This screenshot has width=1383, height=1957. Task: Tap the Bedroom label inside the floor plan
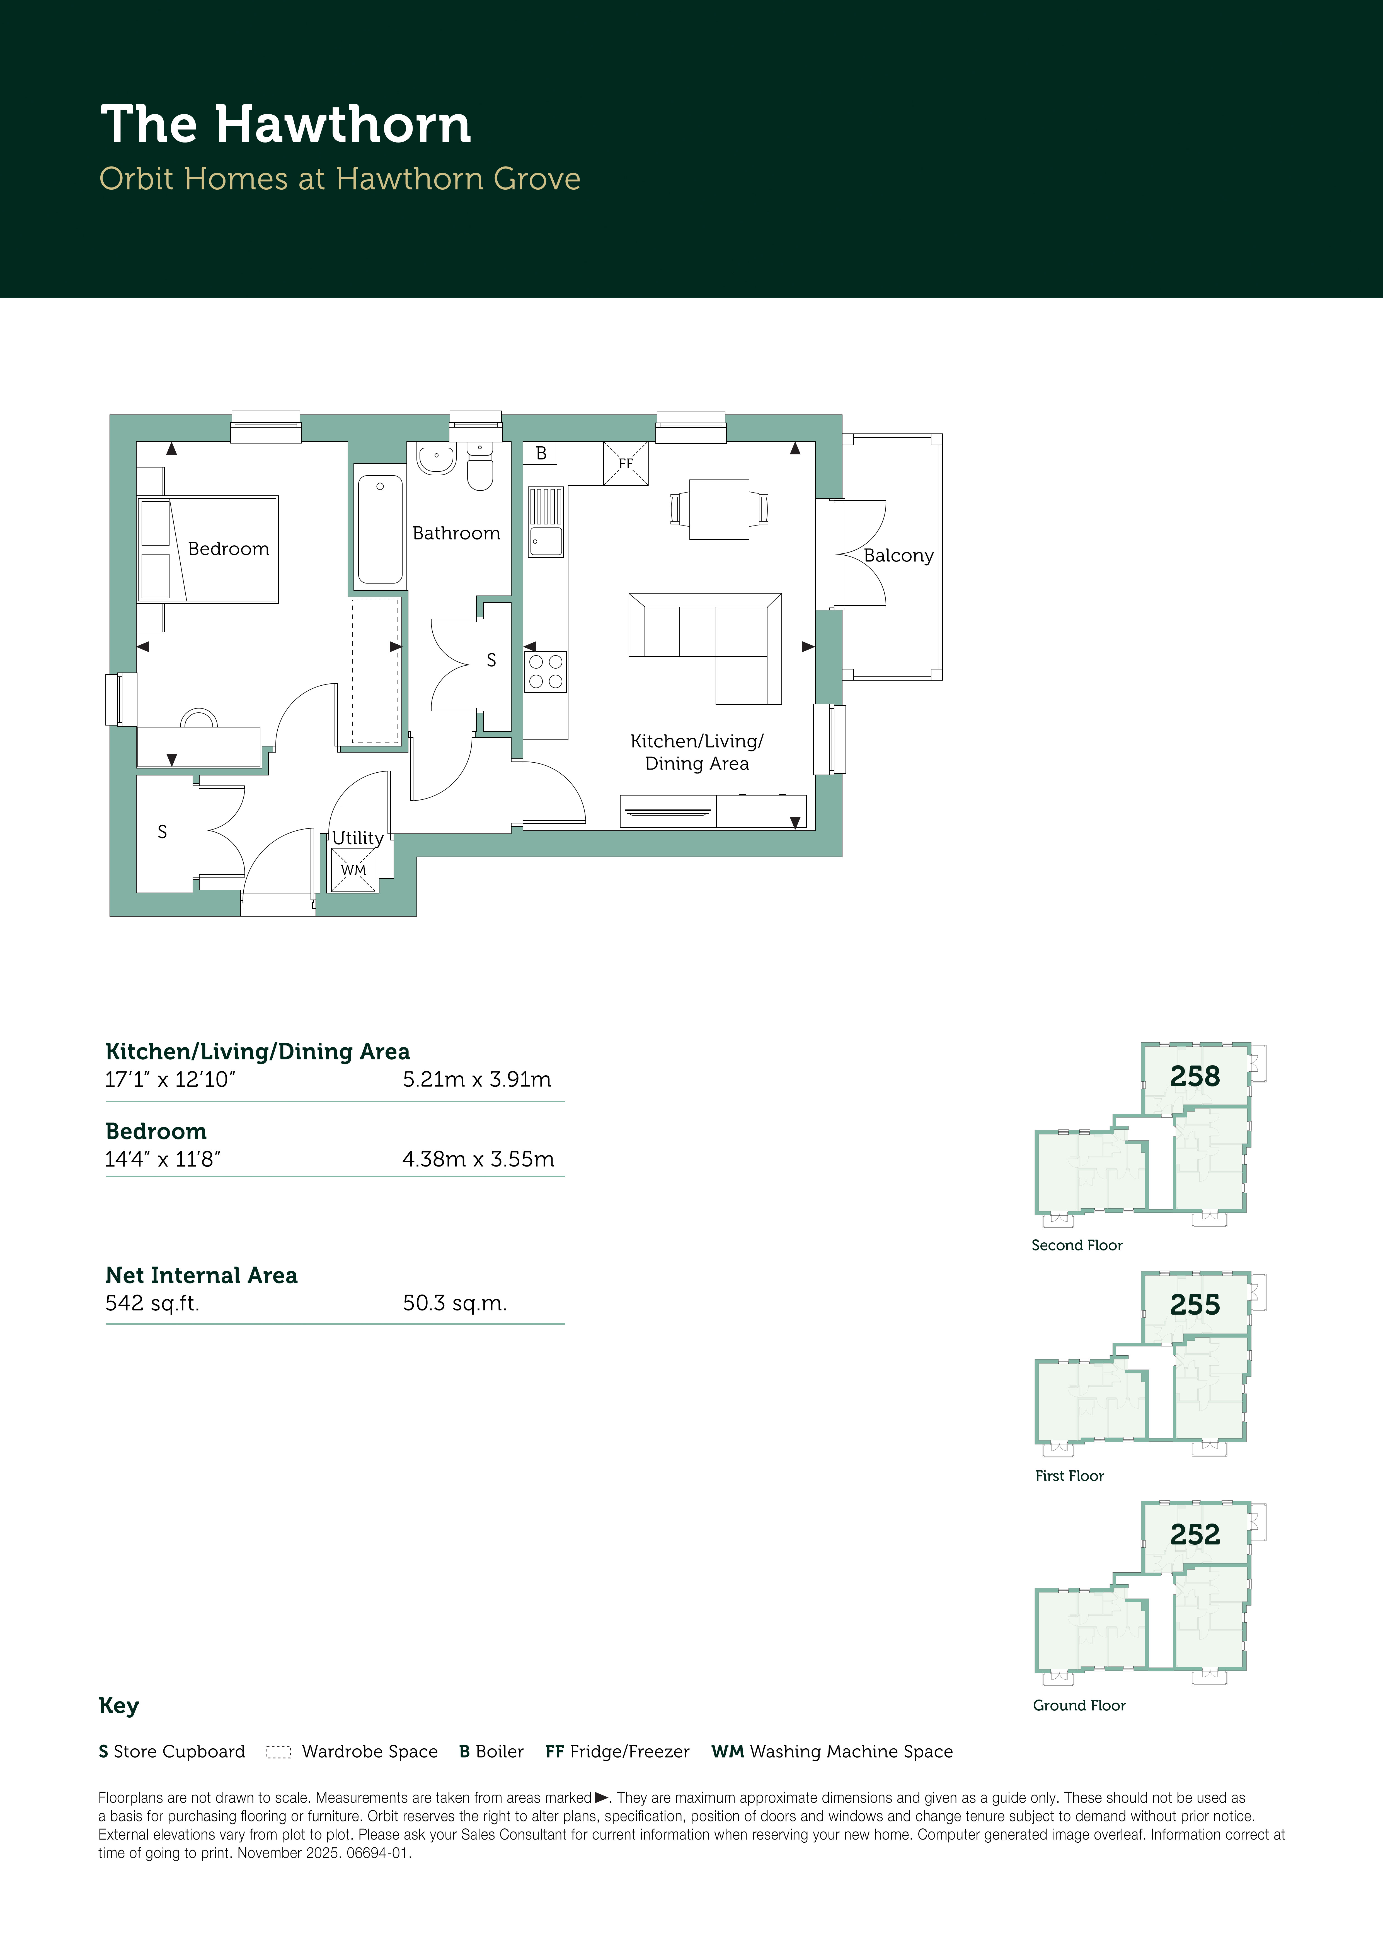(228, 549)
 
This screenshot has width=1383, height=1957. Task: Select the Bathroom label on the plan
(456, 534)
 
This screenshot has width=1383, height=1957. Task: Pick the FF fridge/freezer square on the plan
(626, 463)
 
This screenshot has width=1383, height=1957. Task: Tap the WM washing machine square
(353, 869)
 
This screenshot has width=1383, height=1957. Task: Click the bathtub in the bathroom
(380, 529)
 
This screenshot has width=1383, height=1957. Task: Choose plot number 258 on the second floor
(1195, 1076)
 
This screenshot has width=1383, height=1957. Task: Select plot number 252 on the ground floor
(1195, 1534)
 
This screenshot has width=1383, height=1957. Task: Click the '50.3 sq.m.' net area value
(455, 1303)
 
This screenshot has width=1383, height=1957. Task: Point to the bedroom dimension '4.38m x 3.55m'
(478, 1159)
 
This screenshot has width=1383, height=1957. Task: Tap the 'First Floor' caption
(1069, 1476)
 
